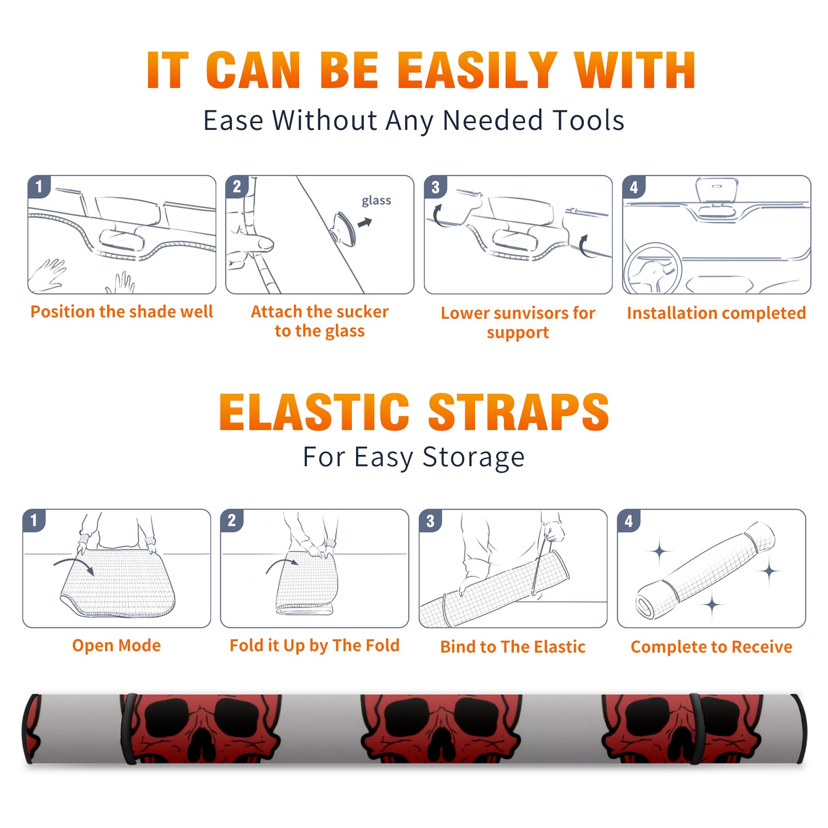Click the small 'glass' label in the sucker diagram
[x=376, y=200]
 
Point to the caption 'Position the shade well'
[x=122, y=312]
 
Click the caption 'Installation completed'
[x=716, y=313]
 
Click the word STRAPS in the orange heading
[x=519, y=412]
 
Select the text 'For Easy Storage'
[x=414, y=457]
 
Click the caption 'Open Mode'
[x=116, y=645]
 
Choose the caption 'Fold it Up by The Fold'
[x=315, y=645]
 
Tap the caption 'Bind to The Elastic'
[x=513, y=647]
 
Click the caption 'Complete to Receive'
[x=712, y=647]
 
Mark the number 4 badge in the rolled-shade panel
[x=629, y=521]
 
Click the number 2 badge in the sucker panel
[x=237, y=187]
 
